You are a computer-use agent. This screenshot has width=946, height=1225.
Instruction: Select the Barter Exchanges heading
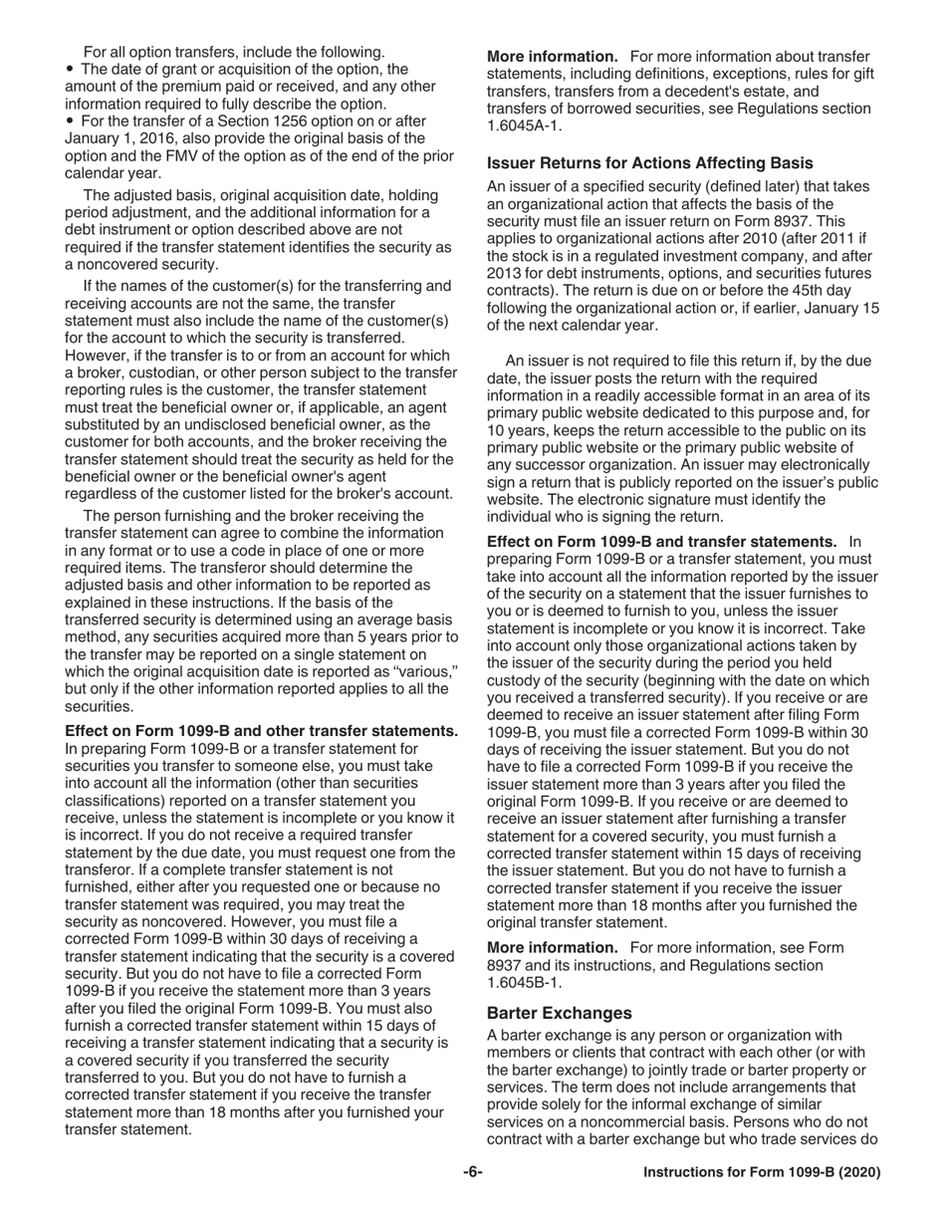tap(560, 1013)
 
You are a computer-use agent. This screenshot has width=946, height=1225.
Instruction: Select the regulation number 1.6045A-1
tap(523, 126)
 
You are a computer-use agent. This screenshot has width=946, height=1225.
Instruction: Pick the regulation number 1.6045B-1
tap(523, 982)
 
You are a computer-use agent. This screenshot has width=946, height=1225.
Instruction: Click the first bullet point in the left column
tap(71, 70)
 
